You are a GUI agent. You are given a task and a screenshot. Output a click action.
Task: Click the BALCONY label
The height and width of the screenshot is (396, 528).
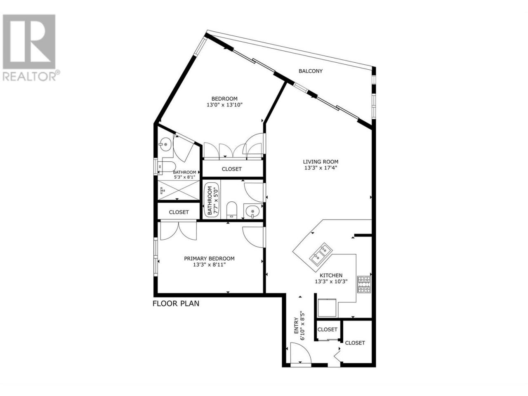(310, 71)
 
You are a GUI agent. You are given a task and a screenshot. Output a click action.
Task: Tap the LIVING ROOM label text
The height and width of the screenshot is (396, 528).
(321, 162)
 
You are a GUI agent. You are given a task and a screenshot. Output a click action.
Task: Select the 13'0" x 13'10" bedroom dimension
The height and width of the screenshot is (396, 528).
(224, 105)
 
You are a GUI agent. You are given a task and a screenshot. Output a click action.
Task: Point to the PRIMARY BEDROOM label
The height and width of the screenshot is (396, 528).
(209, 259)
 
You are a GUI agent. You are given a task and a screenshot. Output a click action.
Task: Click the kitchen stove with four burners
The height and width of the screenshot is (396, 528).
(364, 285)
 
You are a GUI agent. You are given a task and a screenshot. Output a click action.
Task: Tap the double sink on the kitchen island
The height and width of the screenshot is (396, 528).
(320, 254)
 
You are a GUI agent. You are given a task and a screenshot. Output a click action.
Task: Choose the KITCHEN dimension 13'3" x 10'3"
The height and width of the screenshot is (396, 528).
(331, 281)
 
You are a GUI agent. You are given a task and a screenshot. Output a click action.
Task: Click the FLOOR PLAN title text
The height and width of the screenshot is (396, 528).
(176, 304)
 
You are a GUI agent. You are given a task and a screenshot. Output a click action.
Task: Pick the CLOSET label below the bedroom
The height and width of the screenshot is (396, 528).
(231, 169)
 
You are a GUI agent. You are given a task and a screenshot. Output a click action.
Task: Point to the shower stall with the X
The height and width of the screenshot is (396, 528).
(179, 190)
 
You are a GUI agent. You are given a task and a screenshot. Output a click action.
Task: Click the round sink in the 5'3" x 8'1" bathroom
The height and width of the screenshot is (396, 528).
(165, 144)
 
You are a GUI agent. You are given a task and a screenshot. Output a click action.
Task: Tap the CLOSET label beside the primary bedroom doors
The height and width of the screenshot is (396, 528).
(179, 212)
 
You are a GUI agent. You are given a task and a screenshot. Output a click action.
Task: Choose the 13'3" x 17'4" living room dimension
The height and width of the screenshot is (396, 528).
(321, 168)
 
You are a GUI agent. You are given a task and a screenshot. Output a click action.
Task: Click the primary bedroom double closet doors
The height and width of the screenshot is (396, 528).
(178, 231)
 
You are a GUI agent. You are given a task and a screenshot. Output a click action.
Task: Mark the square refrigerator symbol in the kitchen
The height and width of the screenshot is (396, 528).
(327, 308)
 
